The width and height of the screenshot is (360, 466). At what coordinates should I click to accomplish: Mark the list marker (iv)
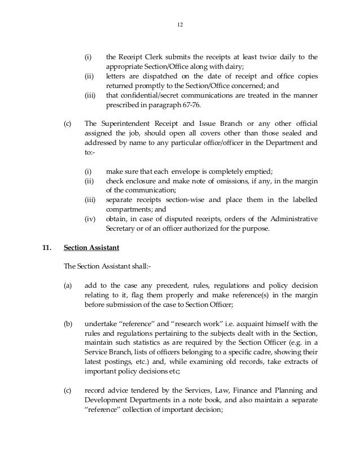90,218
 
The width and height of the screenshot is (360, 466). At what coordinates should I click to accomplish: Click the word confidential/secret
148,95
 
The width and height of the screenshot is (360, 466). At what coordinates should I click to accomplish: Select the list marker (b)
68,323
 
